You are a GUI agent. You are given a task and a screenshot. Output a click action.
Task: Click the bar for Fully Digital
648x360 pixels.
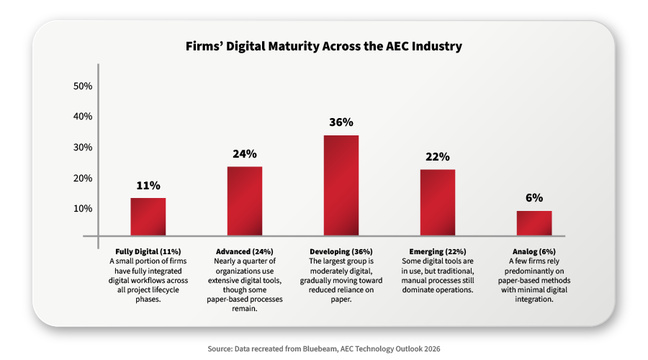click(148, 217)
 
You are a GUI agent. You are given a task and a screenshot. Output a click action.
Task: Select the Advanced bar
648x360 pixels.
click(245, 201)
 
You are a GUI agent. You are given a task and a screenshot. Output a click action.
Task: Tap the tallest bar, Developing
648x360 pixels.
click(341, 185)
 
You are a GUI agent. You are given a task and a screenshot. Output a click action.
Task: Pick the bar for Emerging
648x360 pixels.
click(438, 202)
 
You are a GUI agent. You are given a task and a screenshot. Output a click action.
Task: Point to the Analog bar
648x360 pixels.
click(534, 223)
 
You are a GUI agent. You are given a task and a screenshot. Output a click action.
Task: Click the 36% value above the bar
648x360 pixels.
click(341, 122)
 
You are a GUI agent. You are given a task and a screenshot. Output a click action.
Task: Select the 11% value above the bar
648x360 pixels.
click(148, 185)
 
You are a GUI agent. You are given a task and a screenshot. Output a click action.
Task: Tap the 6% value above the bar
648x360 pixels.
click(534, 198)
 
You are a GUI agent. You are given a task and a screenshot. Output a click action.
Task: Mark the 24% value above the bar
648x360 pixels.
click(245, 154)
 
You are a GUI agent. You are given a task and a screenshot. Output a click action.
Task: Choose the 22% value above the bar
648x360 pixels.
click(438, 157)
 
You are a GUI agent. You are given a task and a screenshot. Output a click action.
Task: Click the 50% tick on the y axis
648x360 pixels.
click(84, 86)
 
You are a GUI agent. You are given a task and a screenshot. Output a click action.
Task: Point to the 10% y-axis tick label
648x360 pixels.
click(84, 209)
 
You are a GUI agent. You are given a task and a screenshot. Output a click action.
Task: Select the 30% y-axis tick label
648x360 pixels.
click(84, 148)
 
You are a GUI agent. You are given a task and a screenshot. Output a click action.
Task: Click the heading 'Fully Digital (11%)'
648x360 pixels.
click(148, 251)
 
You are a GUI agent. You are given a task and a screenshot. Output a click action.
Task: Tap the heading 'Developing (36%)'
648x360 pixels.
click(341, 251)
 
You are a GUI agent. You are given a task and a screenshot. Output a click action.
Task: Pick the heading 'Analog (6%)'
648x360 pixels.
click(534, 251)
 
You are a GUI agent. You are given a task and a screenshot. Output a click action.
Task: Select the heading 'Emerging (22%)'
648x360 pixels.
click(438, 251)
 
